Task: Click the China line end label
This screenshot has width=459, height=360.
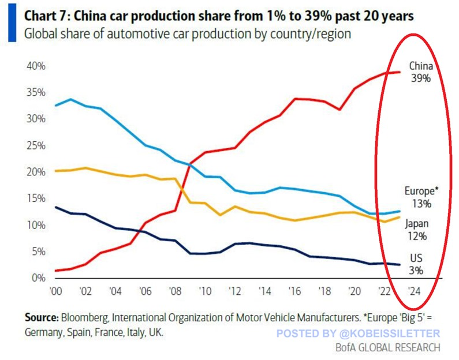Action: [421, 65]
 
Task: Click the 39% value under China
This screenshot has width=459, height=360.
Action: [421, 77]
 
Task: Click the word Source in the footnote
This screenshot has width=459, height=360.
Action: [41, 317]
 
